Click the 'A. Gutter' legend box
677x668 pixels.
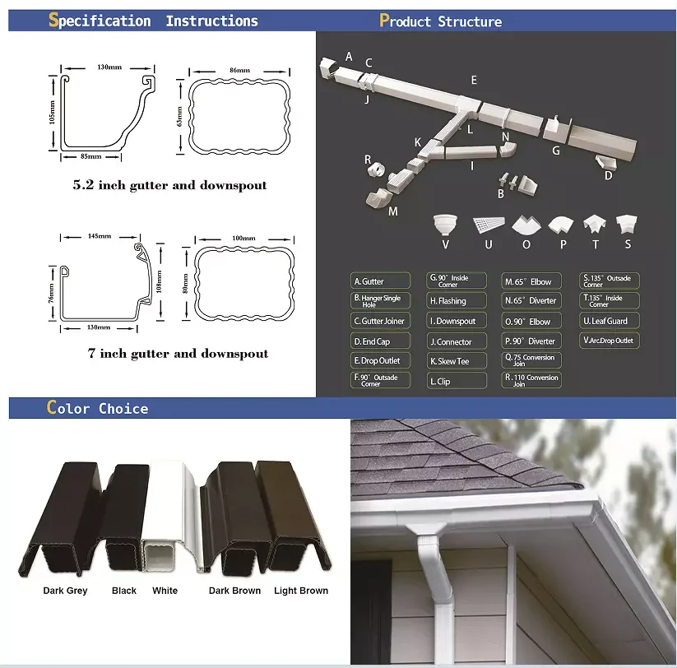pos(379,281)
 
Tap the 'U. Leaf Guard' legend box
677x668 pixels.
pos(610,321)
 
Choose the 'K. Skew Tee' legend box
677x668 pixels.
pos(457,361)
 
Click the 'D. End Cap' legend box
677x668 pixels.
pos(379,341)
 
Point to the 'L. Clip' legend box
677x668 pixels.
pos(457,381)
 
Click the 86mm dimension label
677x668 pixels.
pos(239,72)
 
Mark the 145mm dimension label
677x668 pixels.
pos(99,237)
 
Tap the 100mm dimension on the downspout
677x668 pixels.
pos(243,238)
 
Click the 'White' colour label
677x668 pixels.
pos(165,591)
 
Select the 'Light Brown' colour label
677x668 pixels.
pos(301,591)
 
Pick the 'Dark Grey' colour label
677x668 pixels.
pos(65,591)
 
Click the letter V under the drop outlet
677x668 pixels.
pos(445,244)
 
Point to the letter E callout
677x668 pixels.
pos(474,80)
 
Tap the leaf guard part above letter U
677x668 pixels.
pos(488,224)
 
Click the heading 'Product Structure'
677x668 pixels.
pos(440,21)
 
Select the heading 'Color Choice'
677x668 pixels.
pos(98,408)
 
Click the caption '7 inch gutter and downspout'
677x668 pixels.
pos(178,354)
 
